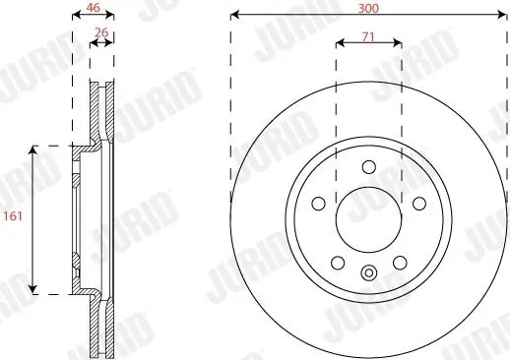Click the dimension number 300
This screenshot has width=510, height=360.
click(x=368, y=8)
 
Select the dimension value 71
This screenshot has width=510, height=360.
click(x=368, y=37)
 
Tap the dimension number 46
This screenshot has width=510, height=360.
click(x=93, y=8)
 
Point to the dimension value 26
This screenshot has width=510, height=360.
click(x=101, y=32)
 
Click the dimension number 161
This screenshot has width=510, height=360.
click(x=13, y=216)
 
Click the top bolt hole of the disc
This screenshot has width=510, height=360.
click(x=369, y=167)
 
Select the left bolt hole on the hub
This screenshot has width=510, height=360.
click(x=318, y=204)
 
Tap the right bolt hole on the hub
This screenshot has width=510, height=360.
click(x=419, y=204)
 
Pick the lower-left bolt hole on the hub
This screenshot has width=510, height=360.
click(x=338, y=263)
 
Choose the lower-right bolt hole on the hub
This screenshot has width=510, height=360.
click(x=400, y=263)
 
